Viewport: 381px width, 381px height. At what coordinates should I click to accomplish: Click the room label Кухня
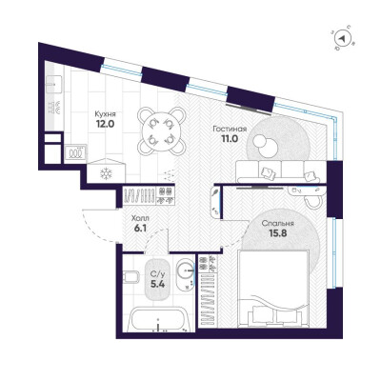point(106,114)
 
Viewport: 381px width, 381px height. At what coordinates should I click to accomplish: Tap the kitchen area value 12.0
point(105,124)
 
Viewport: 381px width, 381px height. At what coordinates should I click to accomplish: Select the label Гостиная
point(230,129)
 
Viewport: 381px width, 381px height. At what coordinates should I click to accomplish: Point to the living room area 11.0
point(230,138)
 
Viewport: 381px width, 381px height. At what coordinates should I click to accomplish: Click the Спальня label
point(277,224)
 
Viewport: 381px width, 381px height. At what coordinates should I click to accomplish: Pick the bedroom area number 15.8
point(278,233)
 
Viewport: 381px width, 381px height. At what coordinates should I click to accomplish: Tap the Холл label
point(140,218)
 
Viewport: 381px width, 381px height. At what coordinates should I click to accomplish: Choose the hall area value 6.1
point(140,229)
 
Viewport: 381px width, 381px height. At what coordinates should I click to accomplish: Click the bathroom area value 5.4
point(157,284)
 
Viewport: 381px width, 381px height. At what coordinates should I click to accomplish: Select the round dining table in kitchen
point(162,130)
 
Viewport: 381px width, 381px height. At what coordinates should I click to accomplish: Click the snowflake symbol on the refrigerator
point(106,173)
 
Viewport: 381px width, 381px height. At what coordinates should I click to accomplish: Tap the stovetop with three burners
point(75,153)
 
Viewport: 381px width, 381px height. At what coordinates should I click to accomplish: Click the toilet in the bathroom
point(130,276)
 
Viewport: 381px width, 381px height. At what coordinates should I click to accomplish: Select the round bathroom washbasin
point(185,270)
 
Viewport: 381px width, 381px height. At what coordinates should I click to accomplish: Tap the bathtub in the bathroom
point(159,319)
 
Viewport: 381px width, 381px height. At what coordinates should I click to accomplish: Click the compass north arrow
point(342,38)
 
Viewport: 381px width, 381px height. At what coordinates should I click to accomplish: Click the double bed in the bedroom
point(273,288)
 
